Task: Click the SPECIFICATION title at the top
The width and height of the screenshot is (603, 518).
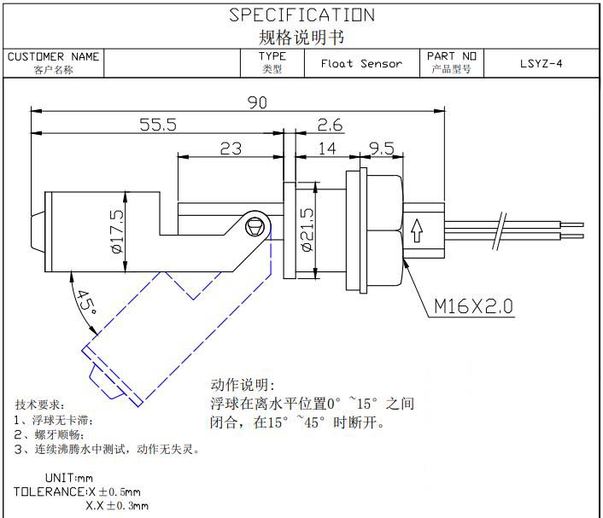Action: (x=301, y=15)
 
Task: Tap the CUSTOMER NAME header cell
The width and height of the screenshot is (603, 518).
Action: (x=53, y=62)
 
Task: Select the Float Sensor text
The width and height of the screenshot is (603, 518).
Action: (x=361, y=63)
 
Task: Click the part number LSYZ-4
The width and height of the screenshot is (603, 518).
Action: (x=541, y=63)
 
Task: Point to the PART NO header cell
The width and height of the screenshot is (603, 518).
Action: (x=452, y=62)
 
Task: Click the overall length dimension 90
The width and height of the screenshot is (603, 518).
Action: (x=257, y=102)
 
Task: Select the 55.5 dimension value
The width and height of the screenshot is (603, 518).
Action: (x=158, y=125)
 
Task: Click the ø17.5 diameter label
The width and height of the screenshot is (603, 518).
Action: (x=117, y=230)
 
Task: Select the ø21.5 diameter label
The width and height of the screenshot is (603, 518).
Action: (x=307, y=230)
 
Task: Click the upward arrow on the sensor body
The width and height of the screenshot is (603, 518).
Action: (x=418, y=230)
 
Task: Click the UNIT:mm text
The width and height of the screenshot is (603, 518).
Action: (x=68, y=478)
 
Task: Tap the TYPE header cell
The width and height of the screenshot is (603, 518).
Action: (x=272, y=62)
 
